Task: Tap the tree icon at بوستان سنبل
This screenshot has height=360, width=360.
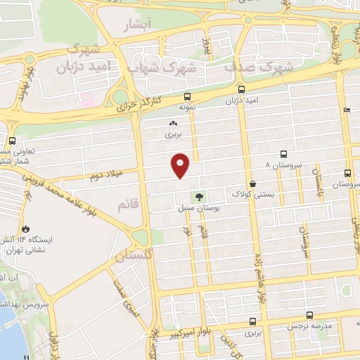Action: (x=200, y=197)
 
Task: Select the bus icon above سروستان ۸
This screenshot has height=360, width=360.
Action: (x=283, y=154)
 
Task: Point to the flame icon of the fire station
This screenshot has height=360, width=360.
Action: (x=26, y=229)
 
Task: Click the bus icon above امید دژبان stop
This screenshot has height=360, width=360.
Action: (x=241, y=90)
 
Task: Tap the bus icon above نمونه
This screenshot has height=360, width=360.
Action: (x=186, y=96)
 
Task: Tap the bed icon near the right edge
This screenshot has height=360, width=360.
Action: (x=347, y=110)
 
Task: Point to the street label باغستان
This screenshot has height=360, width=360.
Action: (x=318, y=181)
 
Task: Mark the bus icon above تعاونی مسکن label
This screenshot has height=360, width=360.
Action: (x=12, y=140)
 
